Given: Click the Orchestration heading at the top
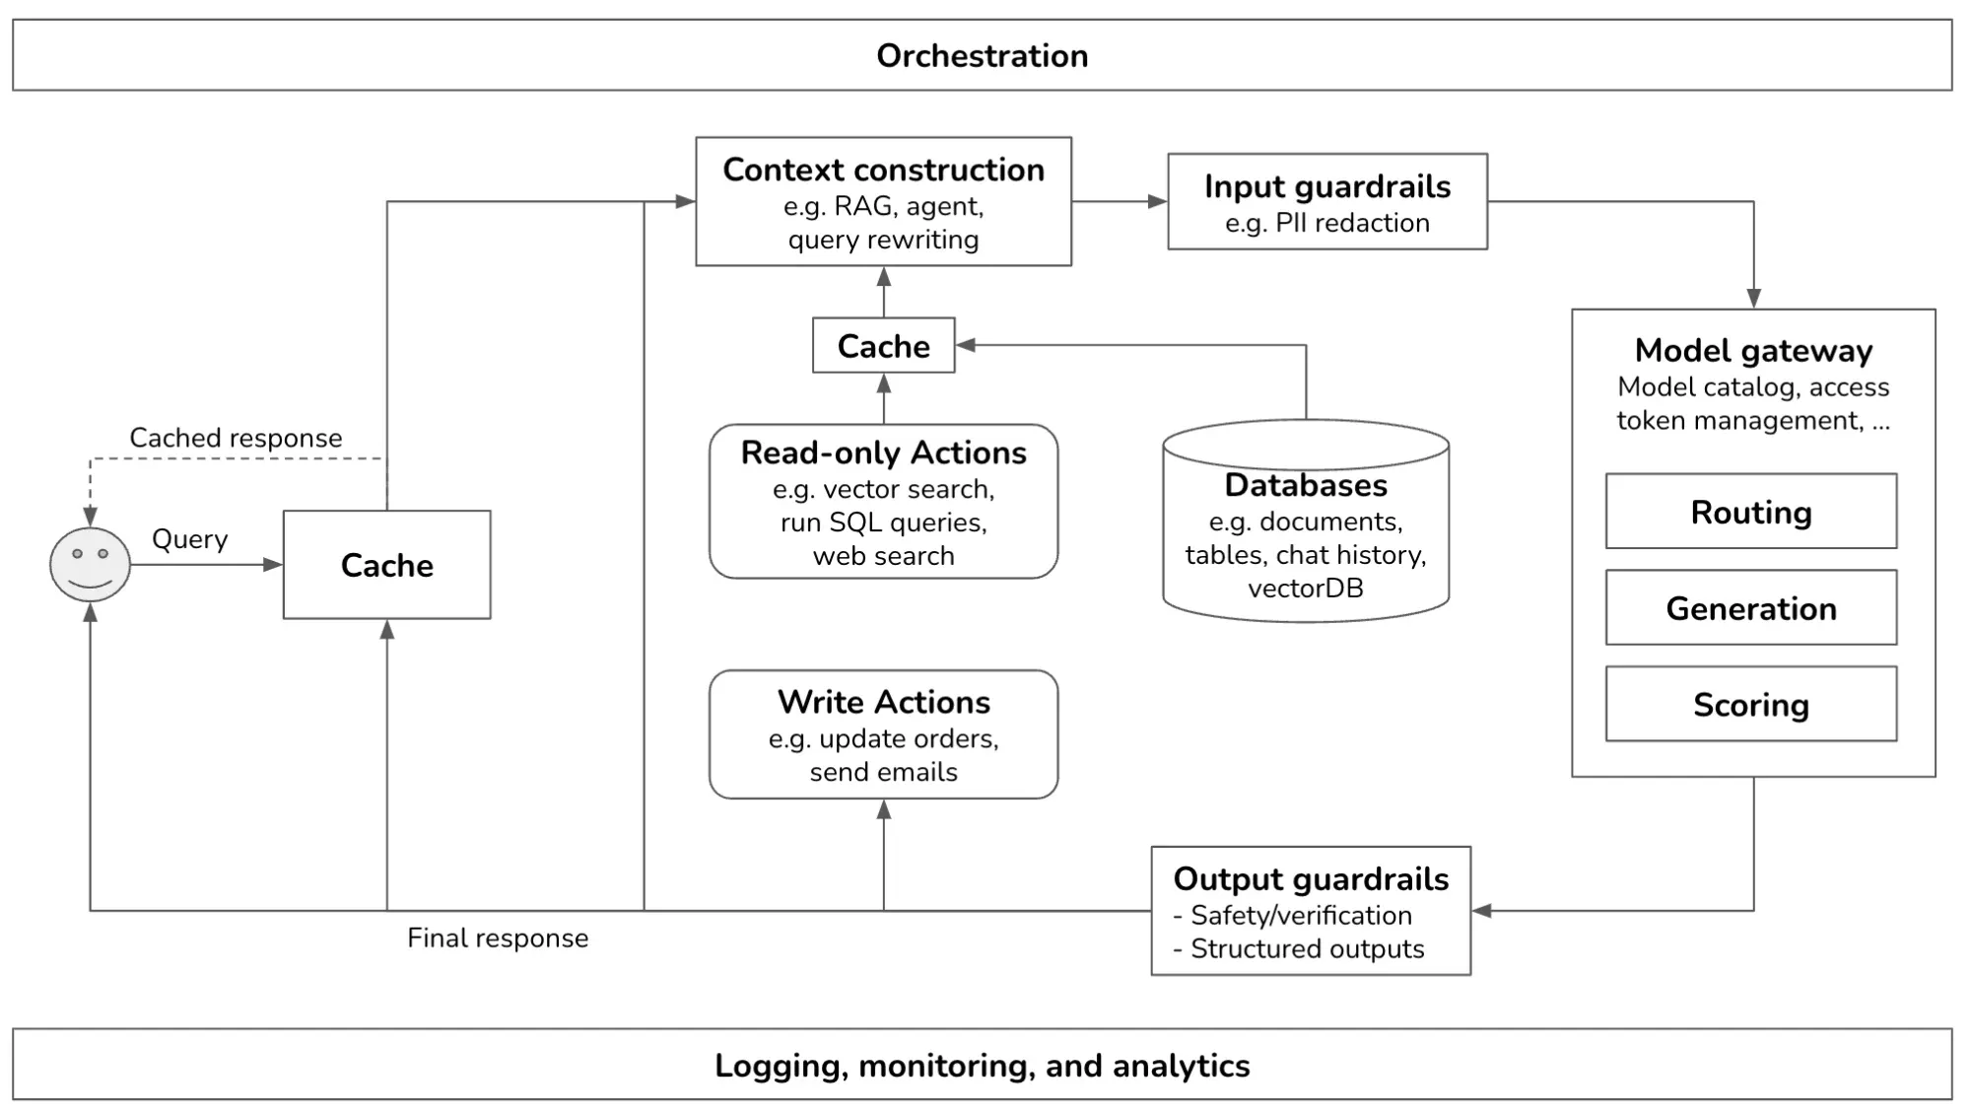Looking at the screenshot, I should pos(982,56).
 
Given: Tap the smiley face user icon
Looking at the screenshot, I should pos(90,564).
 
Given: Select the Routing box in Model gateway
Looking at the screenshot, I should pos(1750,512).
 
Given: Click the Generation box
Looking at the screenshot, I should pos(1750,608).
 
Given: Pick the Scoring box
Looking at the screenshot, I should pos(1750,705).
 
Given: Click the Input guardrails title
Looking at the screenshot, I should pos(1326,186).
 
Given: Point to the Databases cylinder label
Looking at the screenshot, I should pos(1305,485).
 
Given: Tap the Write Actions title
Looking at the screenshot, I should pos(883,702).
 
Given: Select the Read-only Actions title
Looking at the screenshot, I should pos(883,452).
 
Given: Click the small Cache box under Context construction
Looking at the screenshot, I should pos(883,346).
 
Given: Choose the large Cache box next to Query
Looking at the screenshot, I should pos(386,565).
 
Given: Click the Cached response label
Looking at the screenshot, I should pos(236,438).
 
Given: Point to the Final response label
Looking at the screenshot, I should pos(498,938).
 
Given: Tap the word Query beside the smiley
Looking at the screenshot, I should pos(189,539).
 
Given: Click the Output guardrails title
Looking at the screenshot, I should pos(1310,878).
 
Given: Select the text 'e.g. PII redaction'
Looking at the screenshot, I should pos(1326,223).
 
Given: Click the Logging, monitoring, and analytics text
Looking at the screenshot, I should pos(982,1066).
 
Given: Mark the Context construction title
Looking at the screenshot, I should pos(883,170).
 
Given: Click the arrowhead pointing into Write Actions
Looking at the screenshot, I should pos(883,809).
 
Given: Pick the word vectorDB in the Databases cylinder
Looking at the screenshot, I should pos(1305,589).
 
